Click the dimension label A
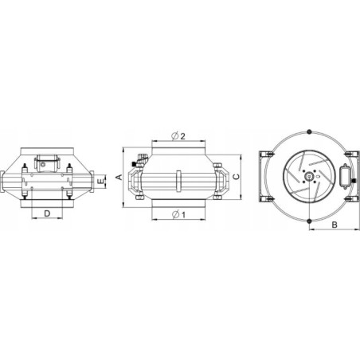[119, 177]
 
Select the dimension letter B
[335, 225]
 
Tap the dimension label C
[236, 177]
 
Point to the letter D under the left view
[47, 213]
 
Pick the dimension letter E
[100, 182]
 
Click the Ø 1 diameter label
[178, 214]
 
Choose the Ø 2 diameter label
[178, 136]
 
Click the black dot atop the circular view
[309, 131]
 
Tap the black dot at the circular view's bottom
[309, 221]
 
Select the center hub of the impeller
[309, 176]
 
